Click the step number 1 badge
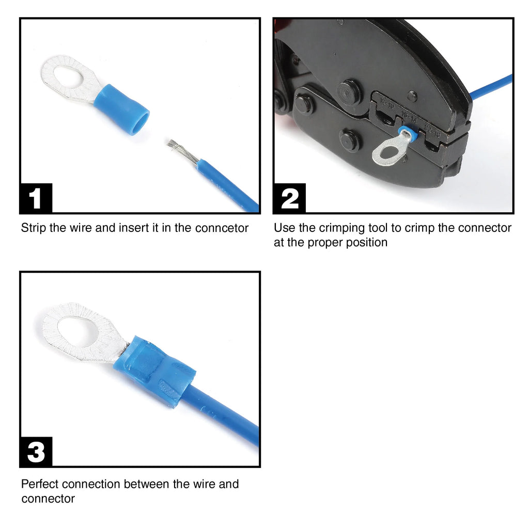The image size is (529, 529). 36,198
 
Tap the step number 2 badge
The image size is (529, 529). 289,198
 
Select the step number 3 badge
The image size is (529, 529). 36,452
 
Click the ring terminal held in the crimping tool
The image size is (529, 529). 388,149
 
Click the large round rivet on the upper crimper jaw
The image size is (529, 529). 349,91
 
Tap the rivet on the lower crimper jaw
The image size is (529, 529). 350,141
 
